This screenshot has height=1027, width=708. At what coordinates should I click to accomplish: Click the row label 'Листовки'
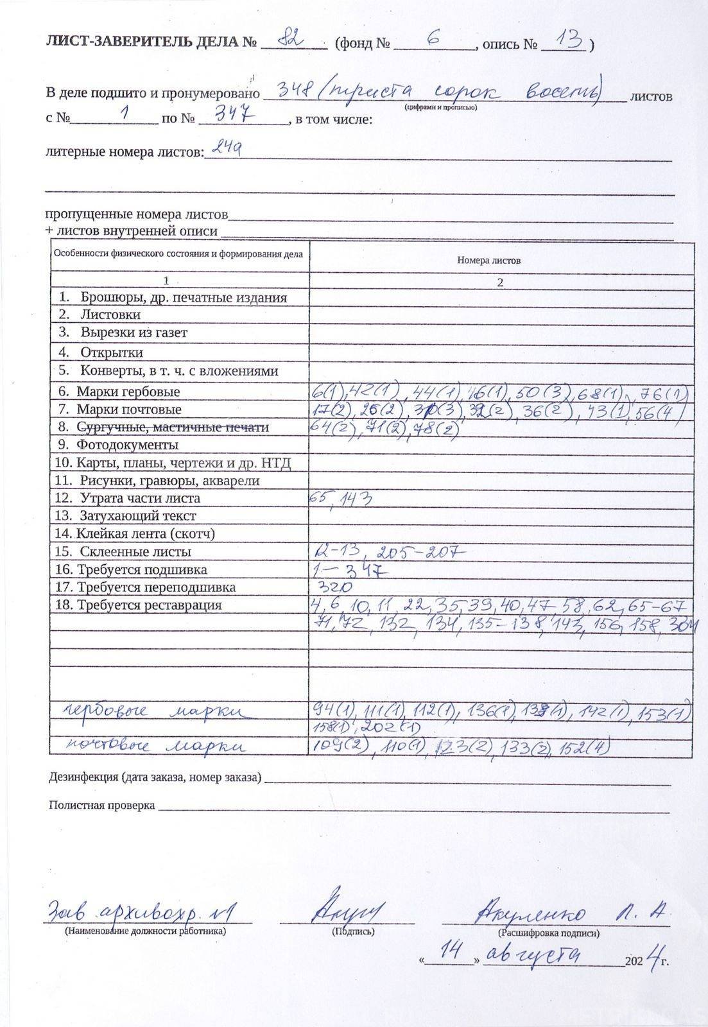[110, 315]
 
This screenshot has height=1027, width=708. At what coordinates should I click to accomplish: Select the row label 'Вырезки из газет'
[134, 332]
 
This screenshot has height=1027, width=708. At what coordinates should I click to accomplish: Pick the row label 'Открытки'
[111, 352]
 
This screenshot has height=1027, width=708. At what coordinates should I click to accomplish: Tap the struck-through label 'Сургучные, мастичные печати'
[172, 427]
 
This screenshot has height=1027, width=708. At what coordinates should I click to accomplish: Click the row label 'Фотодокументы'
[127, 445]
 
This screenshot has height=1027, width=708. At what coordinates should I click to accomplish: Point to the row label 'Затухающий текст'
[137, 515]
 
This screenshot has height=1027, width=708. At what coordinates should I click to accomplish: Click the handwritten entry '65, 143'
[340, 499]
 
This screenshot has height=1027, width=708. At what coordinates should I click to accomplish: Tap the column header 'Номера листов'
[488, 261]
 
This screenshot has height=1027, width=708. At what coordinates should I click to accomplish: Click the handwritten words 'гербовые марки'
[154, 711]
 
